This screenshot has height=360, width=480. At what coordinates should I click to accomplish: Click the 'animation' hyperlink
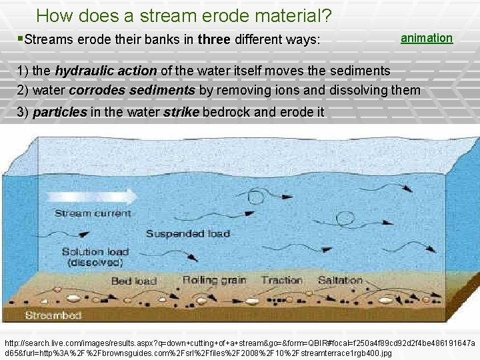click(x=426, y=38)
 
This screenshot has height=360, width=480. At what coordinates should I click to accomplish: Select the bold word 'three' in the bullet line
click(x=214, y=40)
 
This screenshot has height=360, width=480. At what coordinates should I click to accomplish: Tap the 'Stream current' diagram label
click(x=93, y=213)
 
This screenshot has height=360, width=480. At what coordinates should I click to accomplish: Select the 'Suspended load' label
click(x=187, y=233)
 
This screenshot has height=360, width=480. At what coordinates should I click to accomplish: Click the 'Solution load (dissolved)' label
click(x=95, y=257)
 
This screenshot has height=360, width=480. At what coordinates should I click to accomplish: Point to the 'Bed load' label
click(x=133, y=281)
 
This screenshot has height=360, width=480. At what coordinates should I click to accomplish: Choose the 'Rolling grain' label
click(x=214, y=280)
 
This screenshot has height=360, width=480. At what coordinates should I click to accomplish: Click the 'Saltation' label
click(x=340, y=280)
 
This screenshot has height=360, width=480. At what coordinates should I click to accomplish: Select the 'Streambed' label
click(x=53, y=315)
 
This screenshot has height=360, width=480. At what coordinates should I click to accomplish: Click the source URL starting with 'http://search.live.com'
click(x=239, y=346)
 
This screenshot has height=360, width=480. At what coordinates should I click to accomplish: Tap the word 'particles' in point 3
click(x=59, y=111)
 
